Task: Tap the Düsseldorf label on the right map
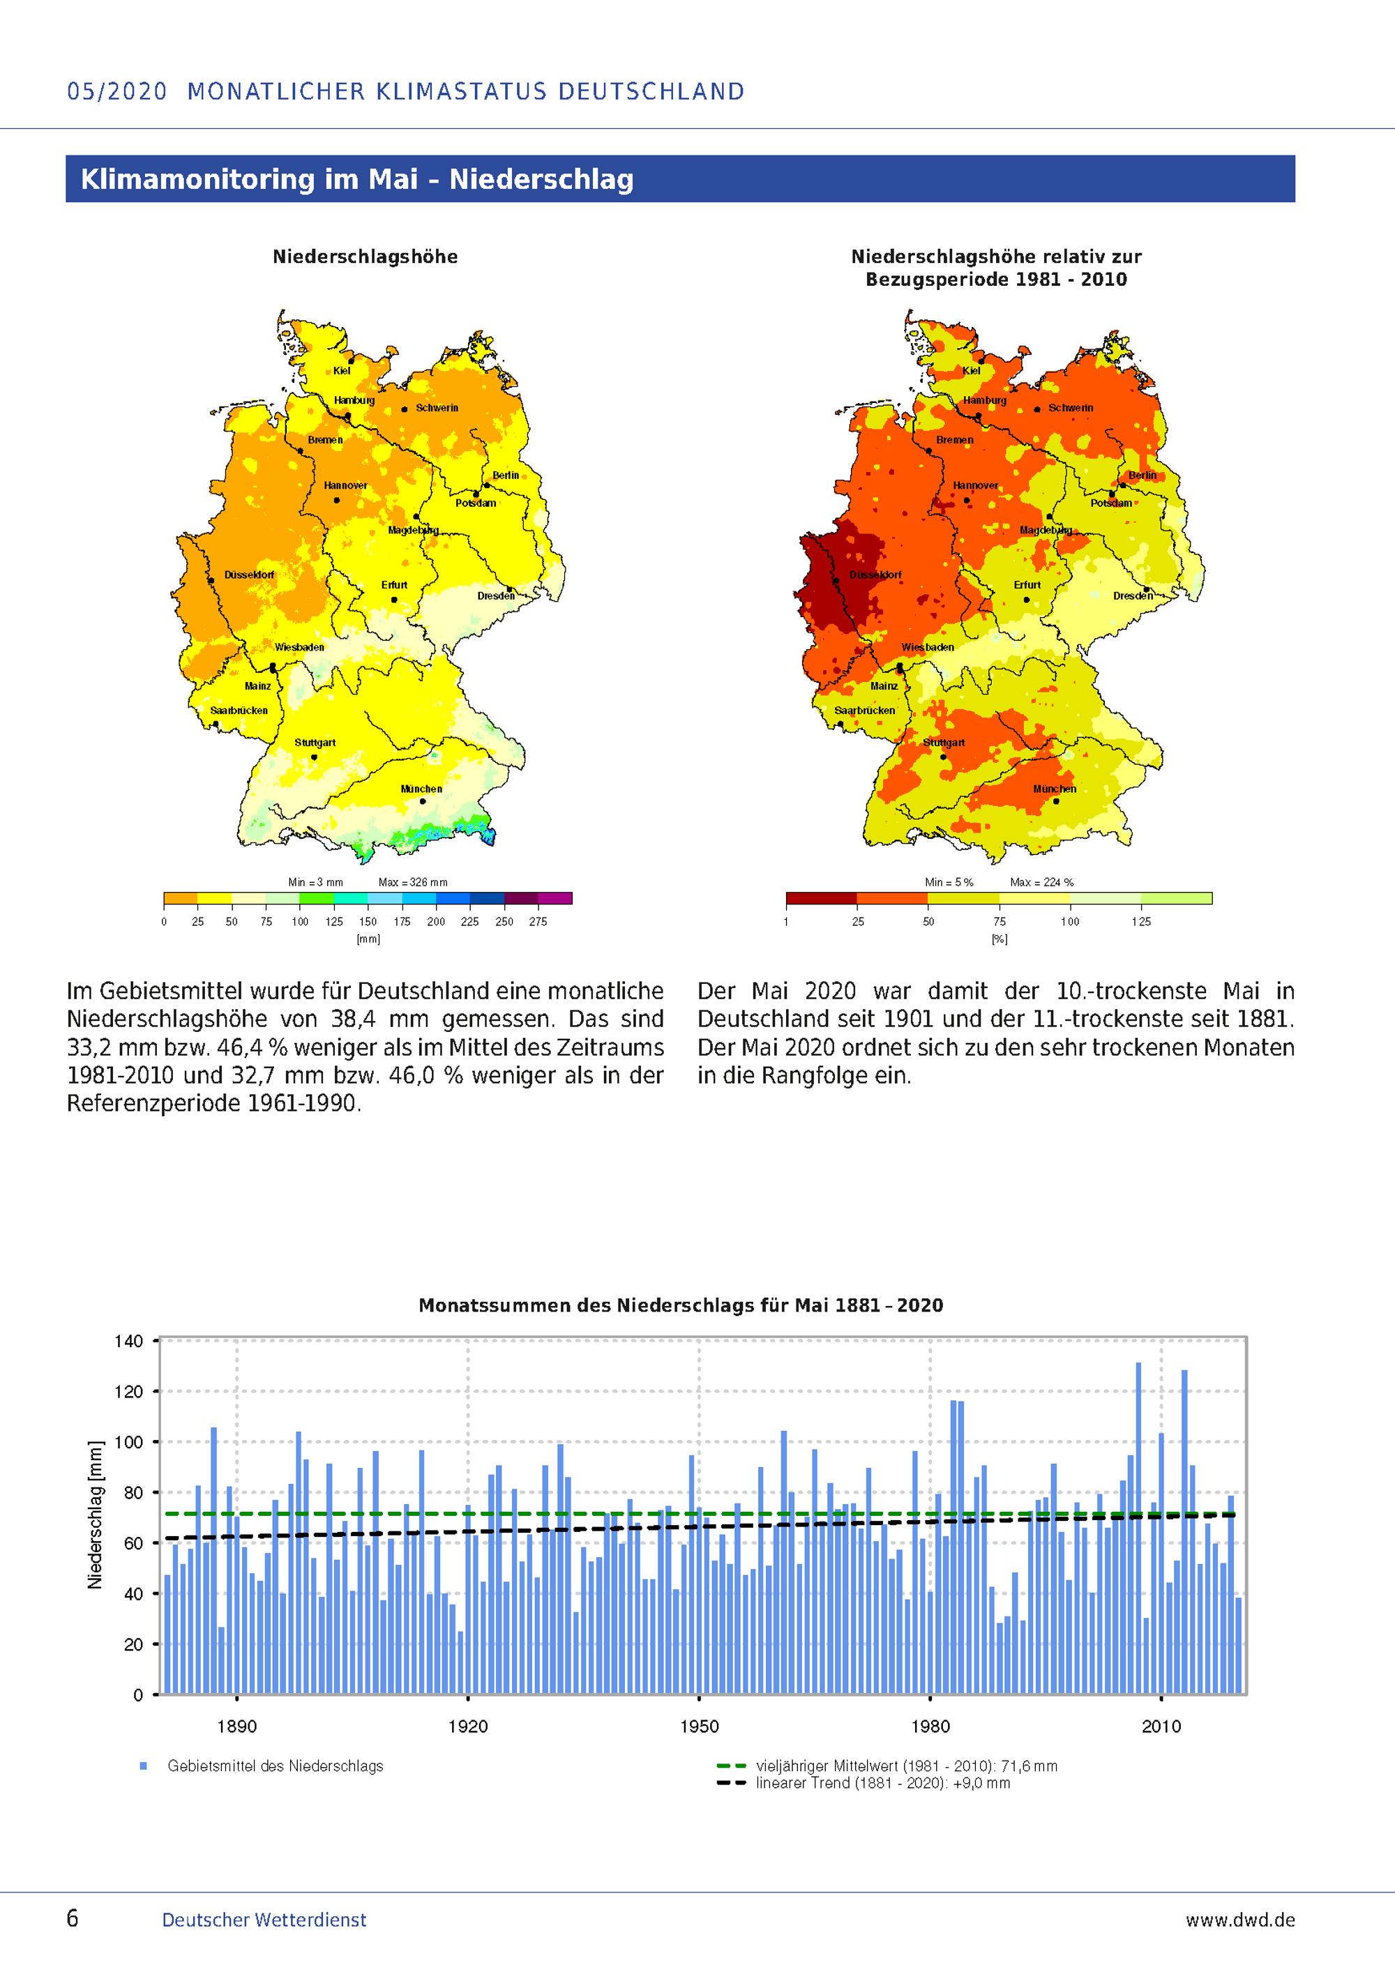pyautogui.click(x=875, y=575)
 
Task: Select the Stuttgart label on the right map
pyautogui.click(x=943, y=742)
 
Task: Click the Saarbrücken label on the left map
pyautogui.click(x=239, y=711)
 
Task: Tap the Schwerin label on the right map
pyautogui.click(x=1070, y=408)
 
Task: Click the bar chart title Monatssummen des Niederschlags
pyautogui.click(x=680, y=1305)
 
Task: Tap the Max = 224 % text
pyautogui.click(x=1041, y=882)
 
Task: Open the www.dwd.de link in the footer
pyautogui.click(x=1239, y=1919)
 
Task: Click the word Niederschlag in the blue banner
pyautogui.click(x=541, y=179)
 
